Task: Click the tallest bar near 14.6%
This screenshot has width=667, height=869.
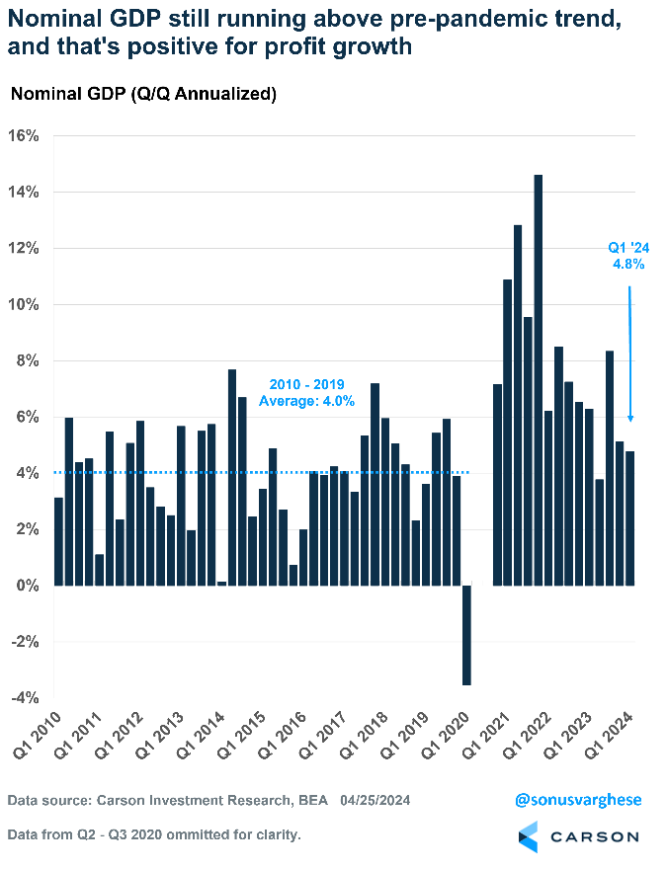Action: (x=539, y=380)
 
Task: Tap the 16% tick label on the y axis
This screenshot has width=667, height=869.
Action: (x=24, y=135)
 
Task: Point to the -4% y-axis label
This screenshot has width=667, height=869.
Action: (x=24, y=698)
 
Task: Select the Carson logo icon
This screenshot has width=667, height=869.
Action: (x=529, y=836)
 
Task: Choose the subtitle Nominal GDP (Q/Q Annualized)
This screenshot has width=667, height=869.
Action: (x=143, y=95)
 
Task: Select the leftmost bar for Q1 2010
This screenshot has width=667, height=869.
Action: (x=58, y=542)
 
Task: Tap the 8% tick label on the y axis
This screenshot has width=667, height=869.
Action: (x=27, y=360)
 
